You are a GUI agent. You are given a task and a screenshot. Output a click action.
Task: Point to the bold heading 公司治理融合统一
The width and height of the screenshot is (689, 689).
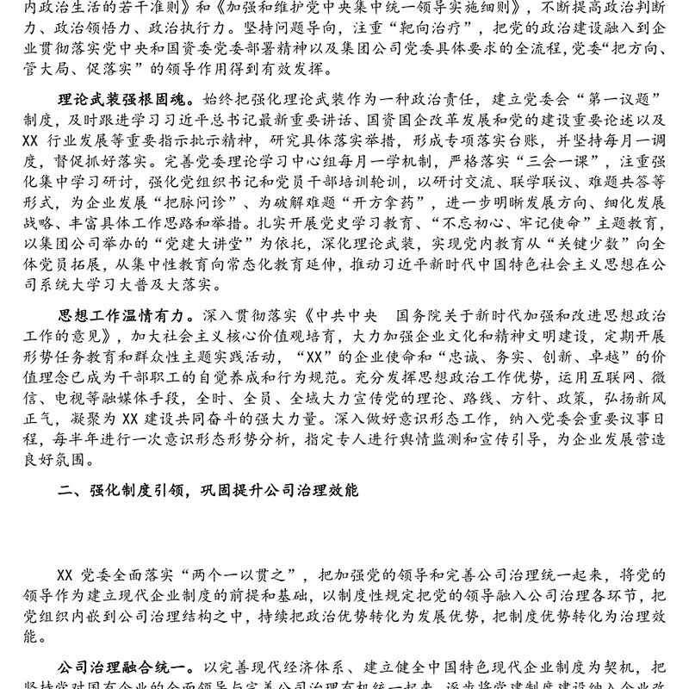pos(122,668)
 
